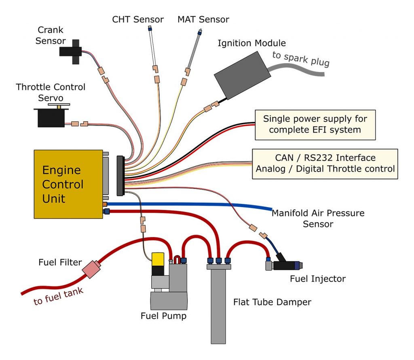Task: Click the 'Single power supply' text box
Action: pos(315,124)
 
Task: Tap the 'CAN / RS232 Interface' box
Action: pos(325,163)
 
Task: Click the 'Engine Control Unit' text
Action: pos(63,184)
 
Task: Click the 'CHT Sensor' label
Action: pos(138,19)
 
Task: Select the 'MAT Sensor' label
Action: pos(203,19)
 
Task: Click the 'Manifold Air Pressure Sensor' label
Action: pos(318,218)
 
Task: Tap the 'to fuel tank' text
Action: pos(58,296)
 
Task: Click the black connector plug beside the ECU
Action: pos(120,175)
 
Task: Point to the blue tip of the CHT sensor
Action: pos(149,29)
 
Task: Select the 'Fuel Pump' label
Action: pos(163,316)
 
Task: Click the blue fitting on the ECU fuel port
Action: pos(107,211)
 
